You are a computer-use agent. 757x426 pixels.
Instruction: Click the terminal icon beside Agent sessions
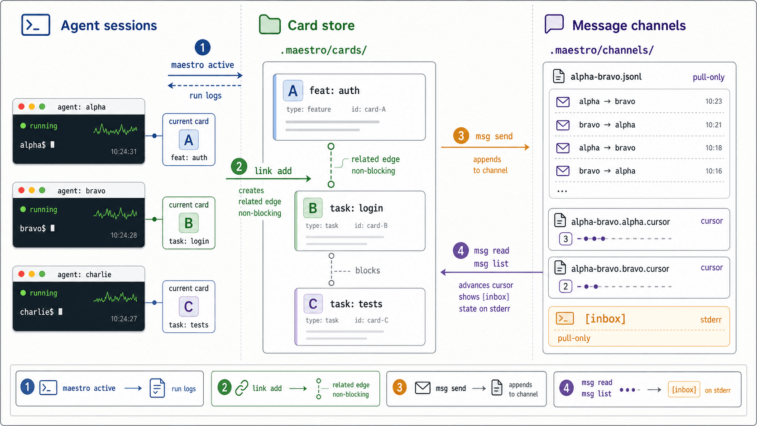pyautogui.click(x=35, y=24)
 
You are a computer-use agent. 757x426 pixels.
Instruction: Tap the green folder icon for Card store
pyautogui.click(x=270, y=24)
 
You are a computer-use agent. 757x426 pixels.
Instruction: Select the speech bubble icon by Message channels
pyautogui.click(x=554, y=24)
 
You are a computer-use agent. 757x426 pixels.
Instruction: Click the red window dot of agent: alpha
pyautogui.click(x=21, y=107)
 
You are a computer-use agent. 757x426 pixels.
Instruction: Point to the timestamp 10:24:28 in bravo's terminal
pyautogui.click(x=124, y=235)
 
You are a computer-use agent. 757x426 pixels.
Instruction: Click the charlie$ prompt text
pyautogui.click(x=37, y=312)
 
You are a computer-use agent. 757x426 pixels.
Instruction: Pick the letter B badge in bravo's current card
pyautogui.click(x=189, y=223)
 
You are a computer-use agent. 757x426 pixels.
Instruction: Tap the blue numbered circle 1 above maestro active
pyautogui.click(x=202, y=48)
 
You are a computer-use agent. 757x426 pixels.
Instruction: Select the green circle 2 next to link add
pyautogui.click(x=239, y=167)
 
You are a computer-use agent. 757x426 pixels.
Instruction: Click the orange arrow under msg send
pyautogui.click(x=485, y=147)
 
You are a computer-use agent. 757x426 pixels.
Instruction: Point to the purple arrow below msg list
pyautogui.click(x=491, y=272)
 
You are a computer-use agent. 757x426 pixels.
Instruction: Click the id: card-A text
pyautogui.click(x=369, y=109)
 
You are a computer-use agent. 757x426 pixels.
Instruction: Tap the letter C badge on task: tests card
pyautogui.click(x=313, y=303)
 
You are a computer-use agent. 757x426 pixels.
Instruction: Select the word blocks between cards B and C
pyautogui.click(x=368, y=271)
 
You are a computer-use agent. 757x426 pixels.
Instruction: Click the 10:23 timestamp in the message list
pyautogui.click(x=714, y=101)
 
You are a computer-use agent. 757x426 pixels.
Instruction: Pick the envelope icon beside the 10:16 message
pyautogui.click(x=563, y=171)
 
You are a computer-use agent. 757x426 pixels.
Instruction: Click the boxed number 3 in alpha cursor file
pyautogui.click(x=565, y=239)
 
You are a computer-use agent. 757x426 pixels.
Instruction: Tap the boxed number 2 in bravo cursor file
pyautogui.click(x=565, y=287)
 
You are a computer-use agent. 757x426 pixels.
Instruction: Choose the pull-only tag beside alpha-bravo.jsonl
pyautogui.click(x=709, y=77)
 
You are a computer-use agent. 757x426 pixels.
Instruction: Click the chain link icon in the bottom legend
pyautogui.click(x=242, y=388)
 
